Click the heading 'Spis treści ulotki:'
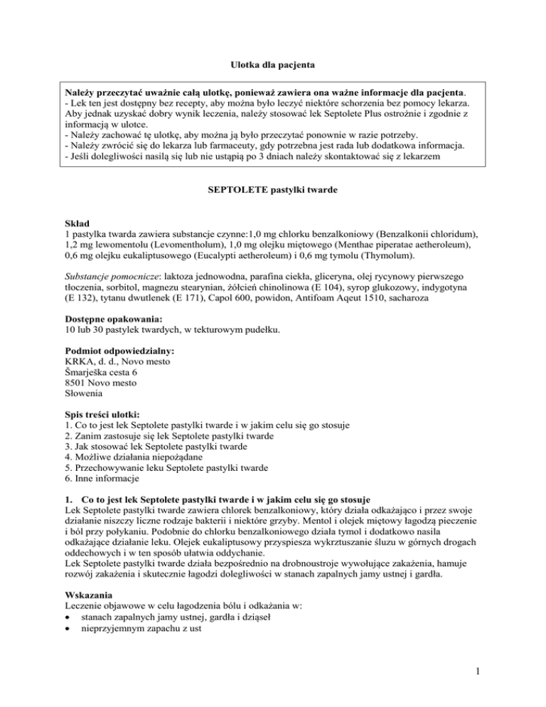[95, 414]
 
